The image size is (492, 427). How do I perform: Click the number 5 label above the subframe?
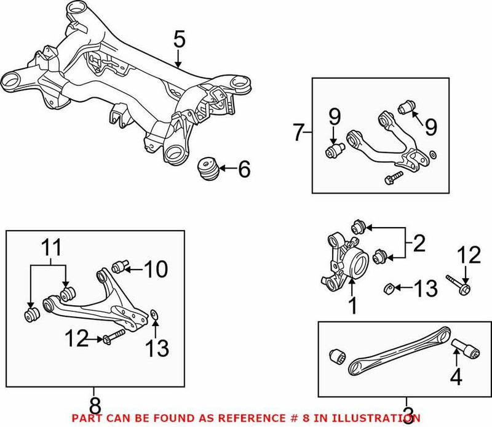coord(178,40)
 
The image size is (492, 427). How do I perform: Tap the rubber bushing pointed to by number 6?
coord(207,169)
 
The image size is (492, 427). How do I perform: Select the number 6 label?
coord(244,169)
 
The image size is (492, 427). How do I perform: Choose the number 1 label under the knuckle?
coord(352,305)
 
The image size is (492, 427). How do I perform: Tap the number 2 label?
coord(419,244)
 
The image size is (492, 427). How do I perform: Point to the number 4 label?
coord(455,377)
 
